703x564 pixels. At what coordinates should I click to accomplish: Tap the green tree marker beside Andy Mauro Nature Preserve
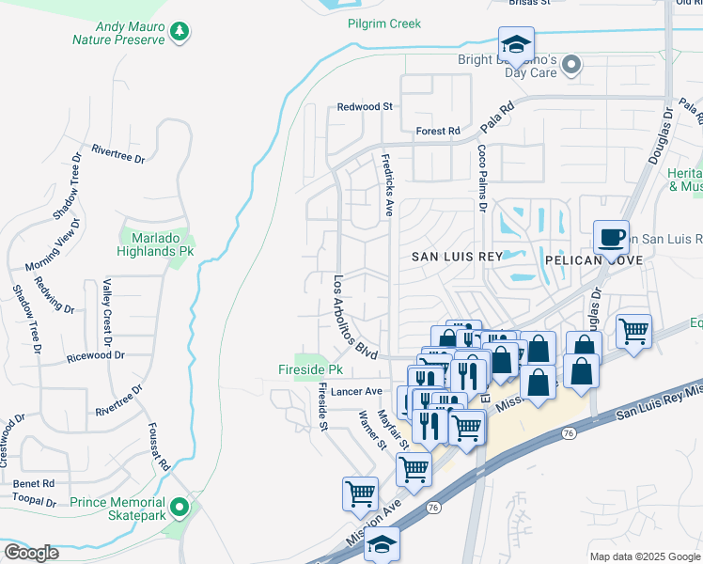coord(179,33)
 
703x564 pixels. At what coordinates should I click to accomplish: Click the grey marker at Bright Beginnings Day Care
coord(570,65)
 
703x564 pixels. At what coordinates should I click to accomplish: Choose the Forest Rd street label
coord(437,131)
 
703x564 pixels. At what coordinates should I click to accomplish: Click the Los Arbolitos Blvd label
coord(355,316)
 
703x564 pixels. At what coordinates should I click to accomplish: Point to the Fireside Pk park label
coord(310,369)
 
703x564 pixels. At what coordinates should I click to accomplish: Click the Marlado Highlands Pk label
coord(154,244)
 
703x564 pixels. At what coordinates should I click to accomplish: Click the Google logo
coord(31,552)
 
